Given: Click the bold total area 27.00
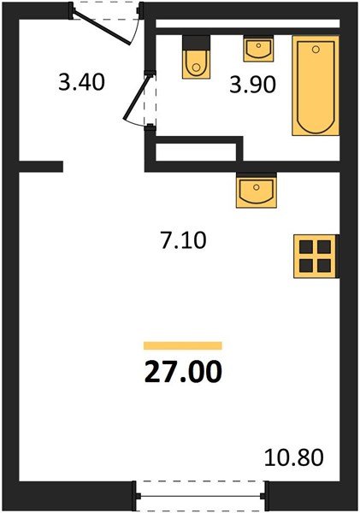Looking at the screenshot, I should point(182,372).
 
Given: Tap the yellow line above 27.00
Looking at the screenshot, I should point(182,345).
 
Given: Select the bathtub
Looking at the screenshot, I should point(315,85).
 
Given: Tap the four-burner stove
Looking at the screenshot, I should point(314,256).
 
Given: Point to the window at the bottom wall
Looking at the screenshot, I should point(203,493).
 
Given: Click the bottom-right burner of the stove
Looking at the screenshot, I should point(322,264).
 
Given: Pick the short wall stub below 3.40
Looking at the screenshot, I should point(41,167).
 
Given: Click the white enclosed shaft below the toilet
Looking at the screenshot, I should point(197,153).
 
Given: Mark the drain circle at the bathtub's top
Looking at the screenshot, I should point(315,50).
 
